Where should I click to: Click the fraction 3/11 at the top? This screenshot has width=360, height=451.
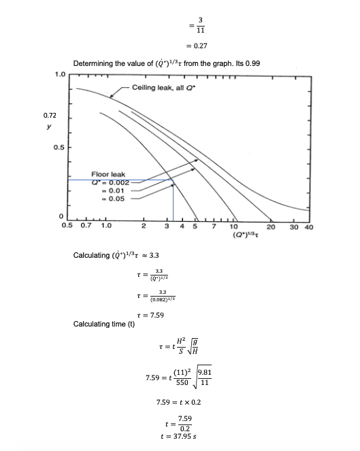click(x=200, y=24)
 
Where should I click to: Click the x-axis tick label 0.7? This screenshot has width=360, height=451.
click(x=86, y=226)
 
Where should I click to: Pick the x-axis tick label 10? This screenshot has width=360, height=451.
click(x=233, y=227)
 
